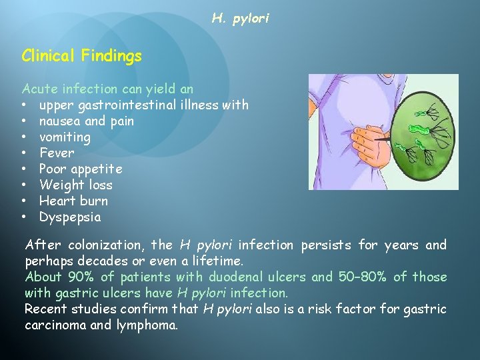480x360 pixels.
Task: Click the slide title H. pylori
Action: pos(240,19)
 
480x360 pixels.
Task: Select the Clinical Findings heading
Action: pos(81,56)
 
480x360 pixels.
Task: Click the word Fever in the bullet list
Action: pos(57,153)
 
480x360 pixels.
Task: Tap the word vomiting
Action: pos(65,137)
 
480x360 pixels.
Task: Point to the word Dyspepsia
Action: pos(70,217)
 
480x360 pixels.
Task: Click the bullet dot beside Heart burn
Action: pos(24,201)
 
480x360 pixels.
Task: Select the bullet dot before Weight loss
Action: pos(24,185)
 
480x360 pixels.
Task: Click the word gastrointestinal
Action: pos(131,105)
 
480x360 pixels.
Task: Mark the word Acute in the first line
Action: pos(39,89)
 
